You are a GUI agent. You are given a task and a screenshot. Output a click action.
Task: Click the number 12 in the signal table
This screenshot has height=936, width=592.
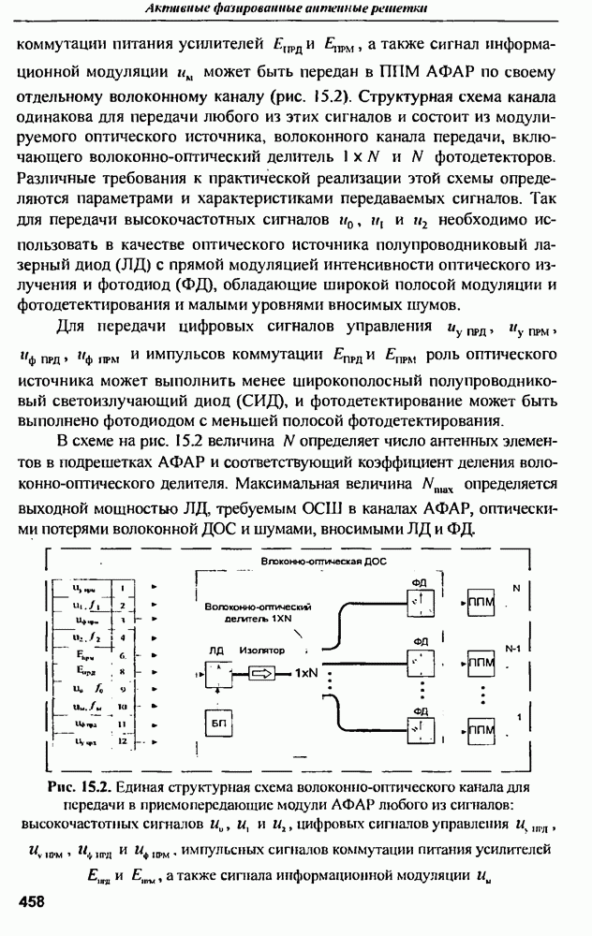point(122,741)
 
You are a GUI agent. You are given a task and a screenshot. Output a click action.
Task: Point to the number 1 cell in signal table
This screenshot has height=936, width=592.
point(122,589)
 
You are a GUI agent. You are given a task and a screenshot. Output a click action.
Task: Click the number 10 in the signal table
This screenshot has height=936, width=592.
point(122,707)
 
